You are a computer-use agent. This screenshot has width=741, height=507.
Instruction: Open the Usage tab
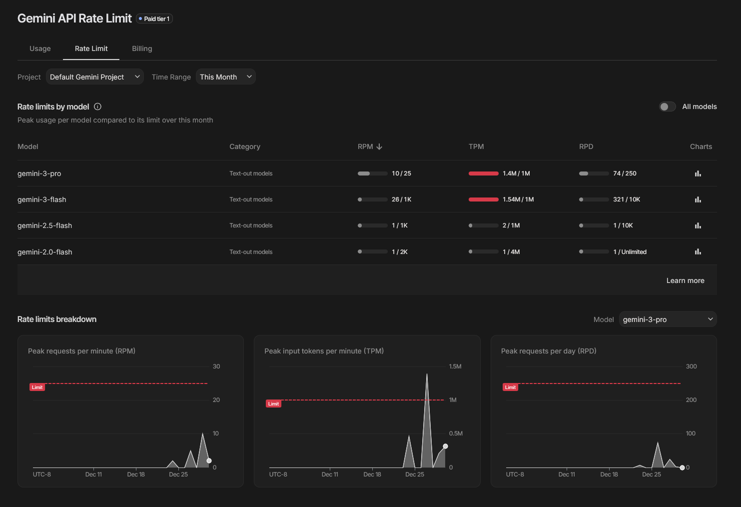tap(40, 48)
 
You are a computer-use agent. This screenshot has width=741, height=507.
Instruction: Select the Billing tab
tap(142, 48)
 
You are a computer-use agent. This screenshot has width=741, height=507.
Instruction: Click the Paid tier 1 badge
tap(154, 19)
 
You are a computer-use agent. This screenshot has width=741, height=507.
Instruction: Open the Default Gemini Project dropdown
tap(94, 77)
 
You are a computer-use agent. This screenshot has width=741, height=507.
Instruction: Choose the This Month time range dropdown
tap(226, 77)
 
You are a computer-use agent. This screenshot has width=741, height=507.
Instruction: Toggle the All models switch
tap(667, 106)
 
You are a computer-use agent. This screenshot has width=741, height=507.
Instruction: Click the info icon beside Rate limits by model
tap(97, 106)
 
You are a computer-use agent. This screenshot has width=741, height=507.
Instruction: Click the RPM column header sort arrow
tap(379, 146)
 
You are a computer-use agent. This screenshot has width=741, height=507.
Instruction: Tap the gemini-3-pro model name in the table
tap(39, 173)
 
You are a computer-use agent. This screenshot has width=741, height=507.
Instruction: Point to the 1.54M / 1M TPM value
tap(518, 199)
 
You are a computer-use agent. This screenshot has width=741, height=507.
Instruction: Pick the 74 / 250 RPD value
tap(625, 173)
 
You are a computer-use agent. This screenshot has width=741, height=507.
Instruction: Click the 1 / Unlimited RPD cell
tap(630, 252)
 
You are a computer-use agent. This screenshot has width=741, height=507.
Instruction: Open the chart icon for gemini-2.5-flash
tap(698, 225)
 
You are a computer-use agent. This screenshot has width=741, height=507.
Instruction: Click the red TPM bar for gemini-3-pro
tap(483, 173)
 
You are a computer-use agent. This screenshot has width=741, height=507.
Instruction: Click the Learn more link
tap(685, 280)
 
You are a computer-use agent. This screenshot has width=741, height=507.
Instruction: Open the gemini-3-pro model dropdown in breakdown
tap(668, 319)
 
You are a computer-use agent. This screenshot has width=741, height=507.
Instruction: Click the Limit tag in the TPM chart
tap(273, 403)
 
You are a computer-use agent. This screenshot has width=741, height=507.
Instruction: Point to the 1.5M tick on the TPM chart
tap(455, 366)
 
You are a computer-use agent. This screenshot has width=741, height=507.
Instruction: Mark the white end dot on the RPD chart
tap(682, 467)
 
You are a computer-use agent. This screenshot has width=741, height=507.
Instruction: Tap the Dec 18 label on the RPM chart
tap(136, 474)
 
